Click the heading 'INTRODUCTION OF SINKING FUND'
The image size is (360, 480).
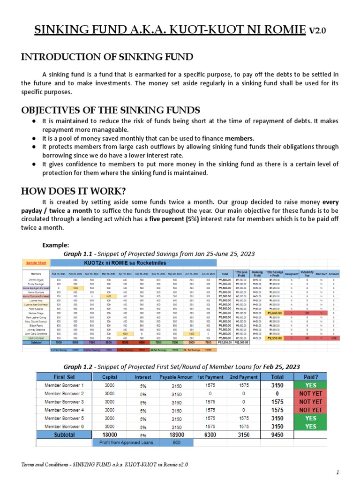pyautogui.click(x=107, y=57)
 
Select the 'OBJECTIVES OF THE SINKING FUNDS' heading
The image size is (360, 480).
pyautogui.click(x=111, y=110)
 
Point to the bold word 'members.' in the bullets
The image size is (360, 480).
pyautogui.click(x=240, y=138)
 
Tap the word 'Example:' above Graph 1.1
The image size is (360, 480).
pyautogui.click(x=56, y=245)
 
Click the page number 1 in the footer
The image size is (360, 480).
pyautogui.click(x=337, y=471)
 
